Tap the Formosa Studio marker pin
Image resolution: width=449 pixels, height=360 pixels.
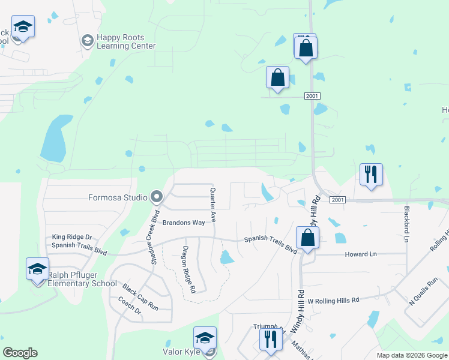click(x=157, y=196)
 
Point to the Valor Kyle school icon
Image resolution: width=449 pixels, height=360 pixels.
click(x=205, y=338)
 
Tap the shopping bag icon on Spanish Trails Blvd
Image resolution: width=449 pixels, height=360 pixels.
click(x=307, y=237)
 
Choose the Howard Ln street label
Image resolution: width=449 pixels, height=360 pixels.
click(x=360, y=254)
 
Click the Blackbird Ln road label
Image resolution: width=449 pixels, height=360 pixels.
click(x=407, y=224)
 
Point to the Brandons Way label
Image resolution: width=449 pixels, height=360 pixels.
click(x=180, y=222)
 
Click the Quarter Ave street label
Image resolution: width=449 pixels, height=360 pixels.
click(x=212, y=202)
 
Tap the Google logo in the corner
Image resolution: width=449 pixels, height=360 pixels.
click(x=20, y=353)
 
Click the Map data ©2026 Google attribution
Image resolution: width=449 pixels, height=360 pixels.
click(x=411, y=355)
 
